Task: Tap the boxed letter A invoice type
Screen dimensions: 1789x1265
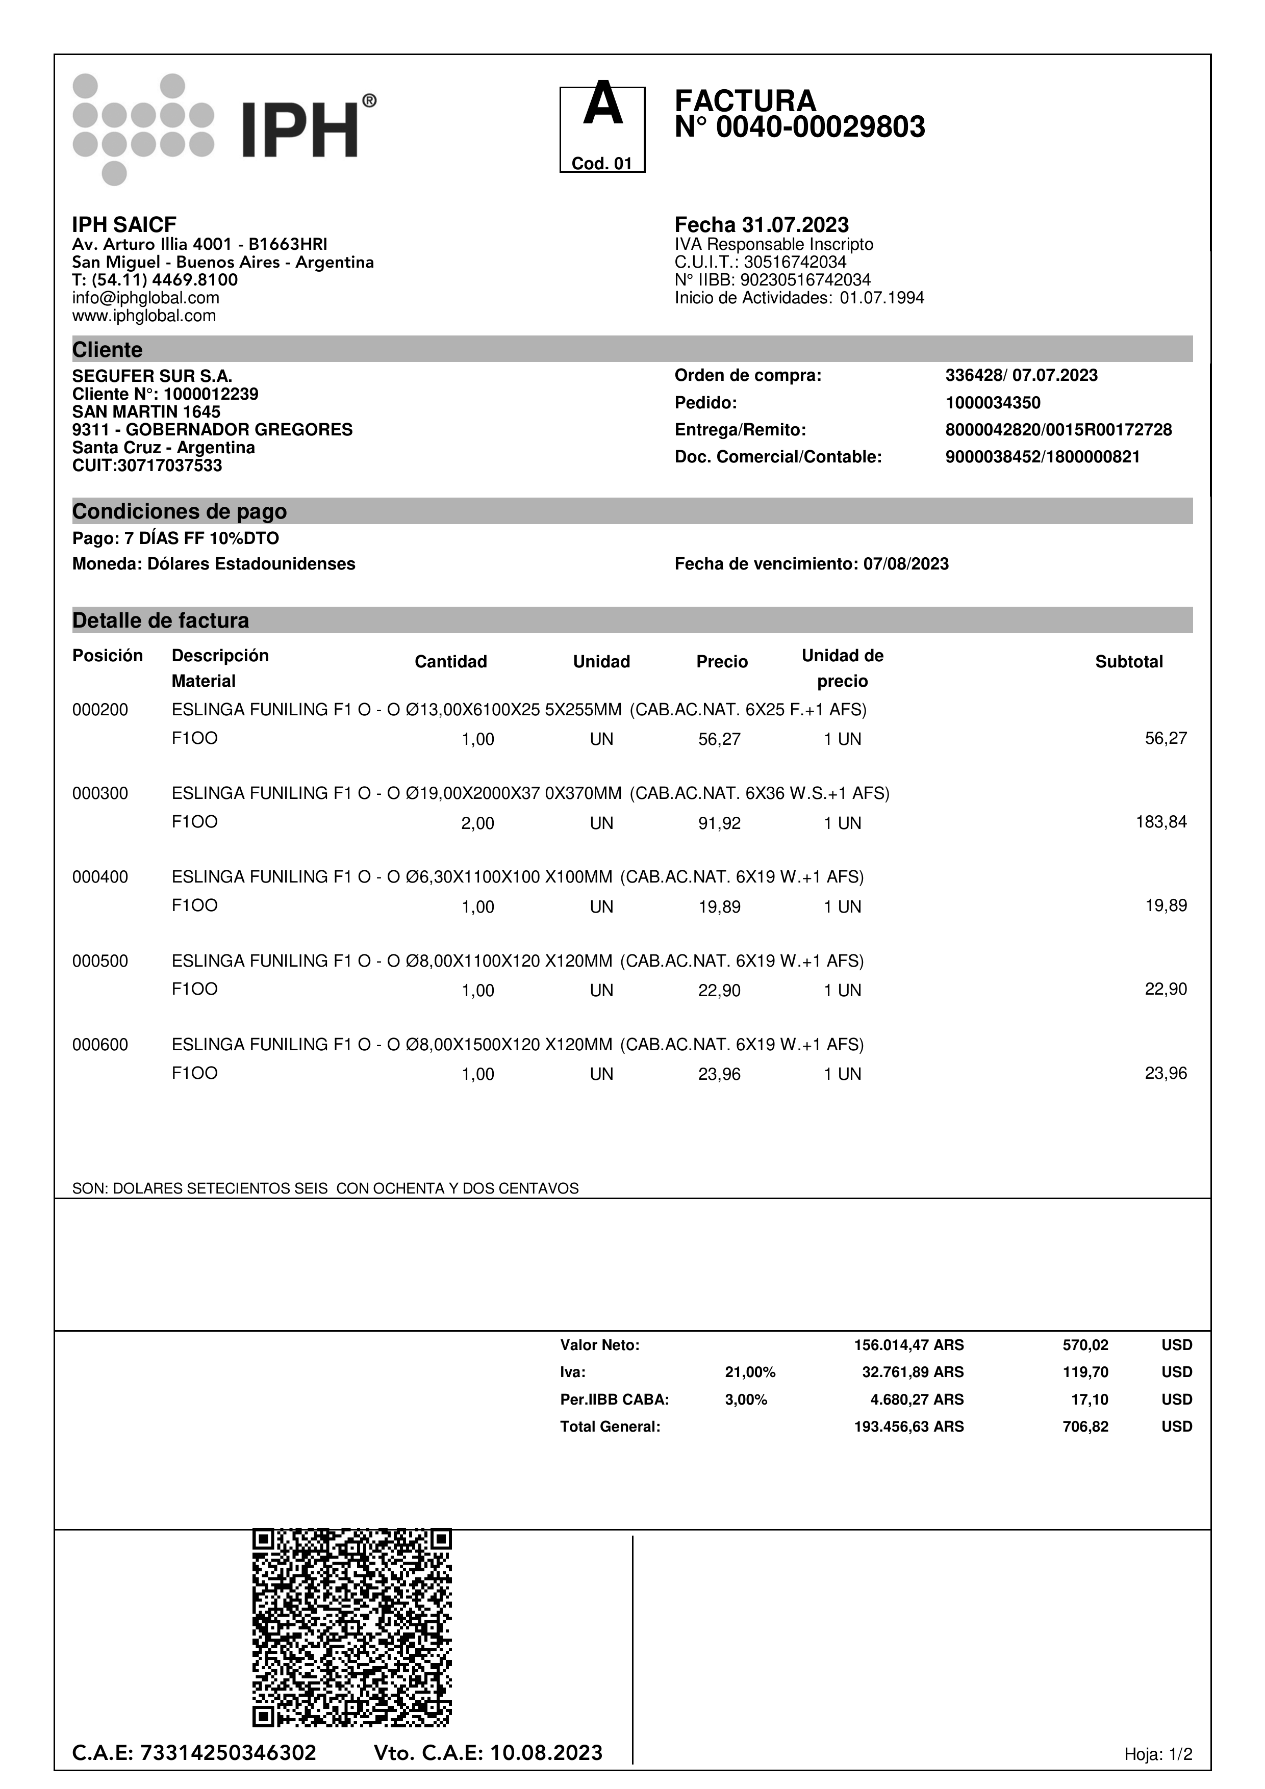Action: pyautogui.click(x=602, y=128)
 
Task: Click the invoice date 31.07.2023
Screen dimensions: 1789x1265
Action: pyautogui.click(x=795, y=225)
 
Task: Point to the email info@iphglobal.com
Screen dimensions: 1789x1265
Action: pyautogui.click(x=146, y=298)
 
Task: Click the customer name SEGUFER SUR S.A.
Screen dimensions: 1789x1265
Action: pyautogui.click(x=152, y=376)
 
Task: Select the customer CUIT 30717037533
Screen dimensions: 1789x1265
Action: pyautogui.click(x=147, y=466)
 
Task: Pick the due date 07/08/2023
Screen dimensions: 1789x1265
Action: pyautogui.click(x=906, y=564)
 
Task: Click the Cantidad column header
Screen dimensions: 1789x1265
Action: pyautogui.click(x=450, y=662)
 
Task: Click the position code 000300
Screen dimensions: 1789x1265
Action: pyautogui.click(x=100, y=793)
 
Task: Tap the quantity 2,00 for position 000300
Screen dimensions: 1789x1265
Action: pyautogui.click(x=478, y=823)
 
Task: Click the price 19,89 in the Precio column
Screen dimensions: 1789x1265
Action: pyautogui.click(x=719, y=907)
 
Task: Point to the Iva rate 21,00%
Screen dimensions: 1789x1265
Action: pyautogui.click(x=750, y=1372)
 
